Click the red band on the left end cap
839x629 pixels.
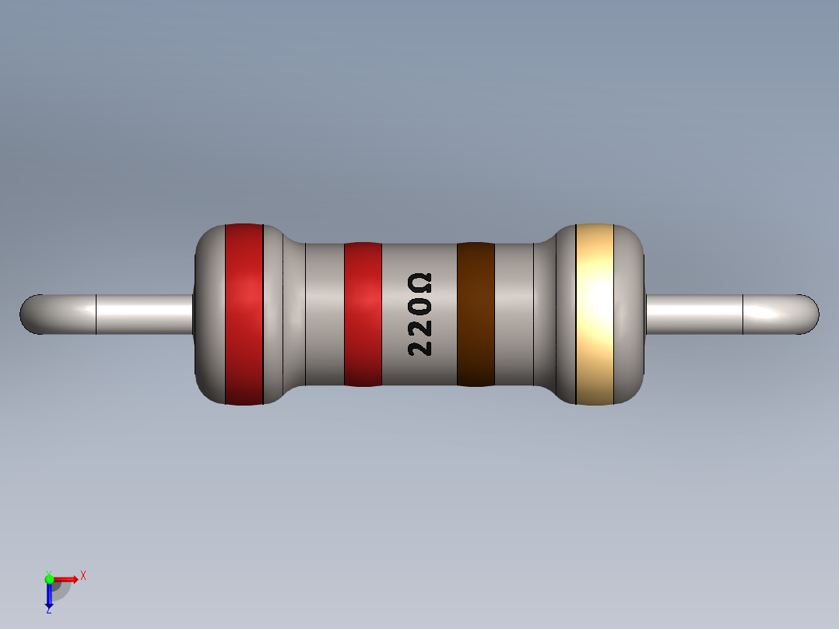[x=244, y=314]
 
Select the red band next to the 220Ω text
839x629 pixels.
[x=363, y=314]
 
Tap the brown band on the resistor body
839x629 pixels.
[x=476, y=314]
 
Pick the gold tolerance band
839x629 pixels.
[x=595, y=314]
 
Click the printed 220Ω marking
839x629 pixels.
[x=419, y=314]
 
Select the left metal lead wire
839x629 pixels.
[x=140, y=314]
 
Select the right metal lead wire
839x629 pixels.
[x=700, y=314]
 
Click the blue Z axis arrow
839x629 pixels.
[x=48, y=596]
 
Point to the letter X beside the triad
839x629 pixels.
[x=83, y=575]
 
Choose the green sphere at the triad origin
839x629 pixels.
[x=49, y=578]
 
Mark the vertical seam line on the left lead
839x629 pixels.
[x=96, y=314]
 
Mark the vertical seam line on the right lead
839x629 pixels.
[x=743, y=314]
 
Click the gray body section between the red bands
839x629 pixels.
[x=315, y=314]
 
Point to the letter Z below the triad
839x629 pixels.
[x=48, y=611]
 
